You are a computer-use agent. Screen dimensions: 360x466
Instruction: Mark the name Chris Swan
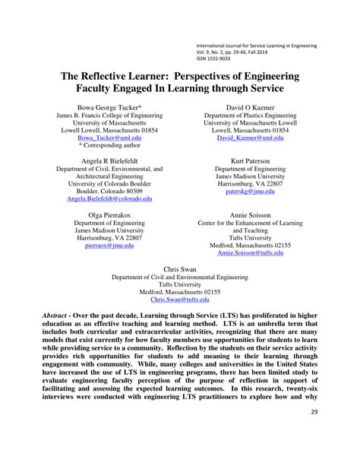click(x=180, y=269)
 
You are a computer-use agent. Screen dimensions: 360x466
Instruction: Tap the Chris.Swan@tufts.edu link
click(x=180, y=300)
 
